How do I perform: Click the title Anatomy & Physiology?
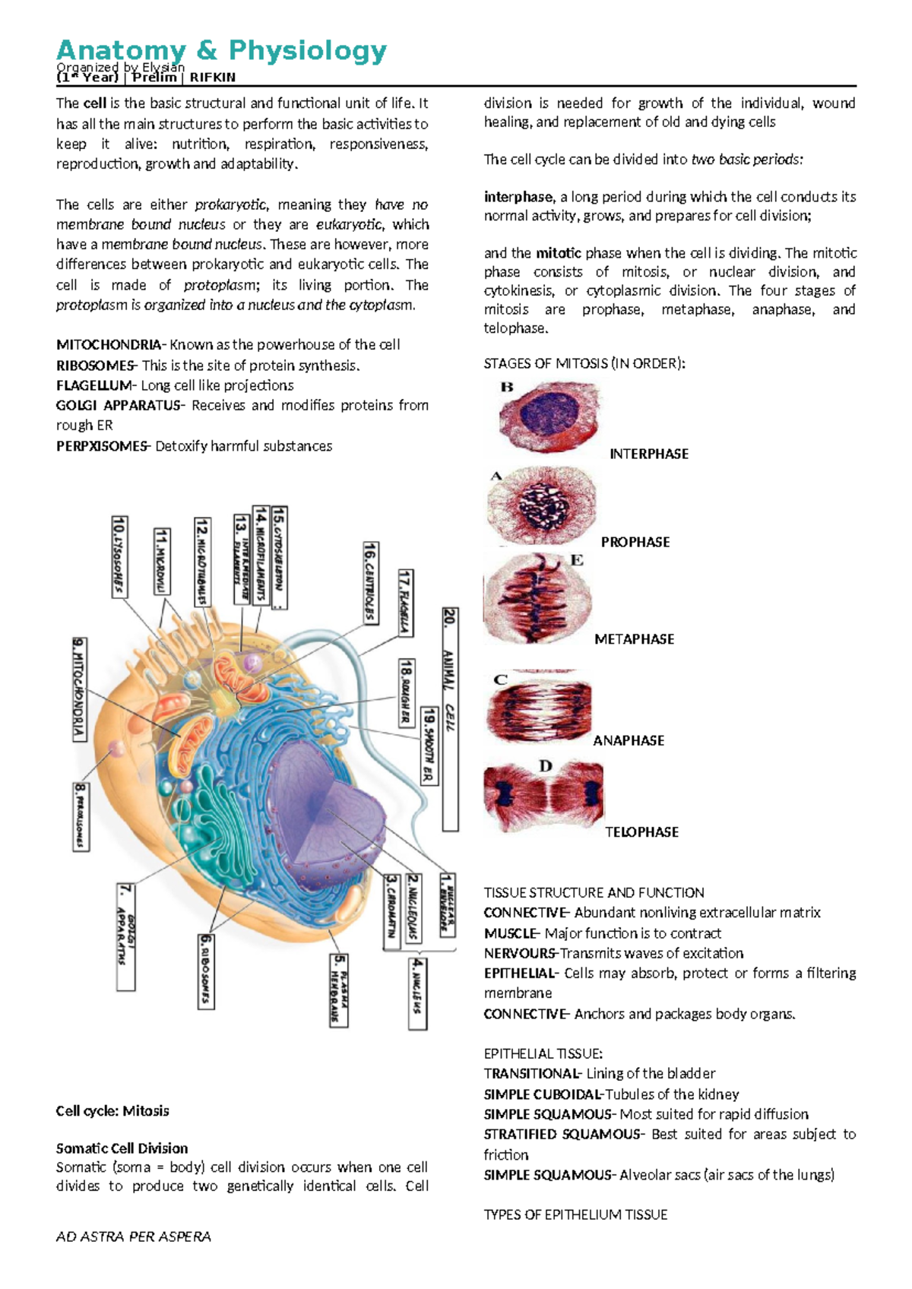[x=221, y=51]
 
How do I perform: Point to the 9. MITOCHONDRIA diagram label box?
[x=79, y=689]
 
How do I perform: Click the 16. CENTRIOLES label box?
[x=370, y=582]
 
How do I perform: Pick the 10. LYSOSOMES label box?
[x=119, y=556]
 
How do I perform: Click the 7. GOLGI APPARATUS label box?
[x=126, y=936]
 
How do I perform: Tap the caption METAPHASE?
[x=634, y=639]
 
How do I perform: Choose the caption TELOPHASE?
[x=641, y=832]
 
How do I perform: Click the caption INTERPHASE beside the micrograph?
[x=649, y=454]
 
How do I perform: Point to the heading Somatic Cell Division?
[x=122, y=1148]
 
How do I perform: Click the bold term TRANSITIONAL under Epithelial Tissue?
[x=531, y=1074]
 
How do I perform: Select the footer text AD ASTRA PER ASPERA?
[x=134, y=1237]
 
